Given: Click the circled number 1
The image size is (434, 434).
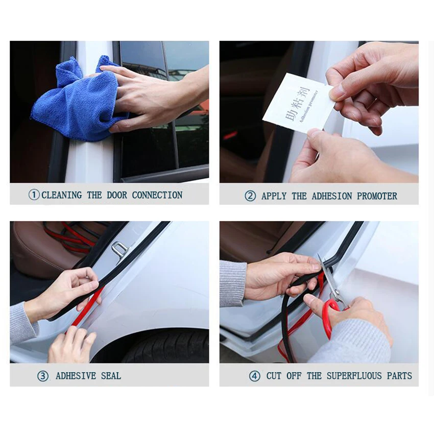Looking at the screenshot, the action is pyautogui.click(x=34, y=195).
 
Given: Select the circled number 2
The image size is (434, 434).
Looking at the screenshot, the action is pyautogui.click(x=250, y=196).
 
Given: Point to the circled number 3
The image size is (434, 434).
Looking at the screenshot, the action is pyautogui.click(x=42, y=376).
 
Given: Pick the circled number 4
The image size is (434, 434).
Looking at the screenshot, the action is pyautogui.click(x=254, y=376).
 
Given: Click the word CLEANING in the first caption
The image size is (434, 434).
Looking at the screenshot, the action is pyautogui.click(x=62, y=195).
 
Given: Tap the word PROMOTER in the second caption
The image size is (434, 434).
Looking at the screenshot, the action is pyautogui.click(x=377, y=196).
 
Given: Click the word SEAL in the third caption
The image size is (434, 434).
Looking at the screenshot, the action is pyautogui.click(x=111, y=376).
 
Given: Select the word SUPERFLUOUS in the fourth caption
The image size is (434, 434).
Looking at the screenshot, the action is pyautogui.click(x=354, y=376).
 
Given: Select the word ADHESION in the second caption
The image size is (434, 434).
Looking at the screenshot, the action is pyautogui.click(x=331, y=196).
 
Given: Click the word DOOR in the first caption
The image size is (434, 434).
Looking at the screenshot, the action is pyautogui.click(x=117, y=195).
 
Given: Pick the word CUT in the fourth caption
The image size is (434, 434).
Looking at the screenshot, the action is pyautogui.click(x=274, y=376).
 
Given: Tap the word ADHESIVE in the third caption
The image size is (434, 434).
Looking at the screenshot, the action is pyautogui.click(x=76, y=376).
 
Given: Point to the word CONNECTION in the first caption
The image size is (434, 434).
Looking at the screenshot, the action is pyautogui.click(x=157, y=195).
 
